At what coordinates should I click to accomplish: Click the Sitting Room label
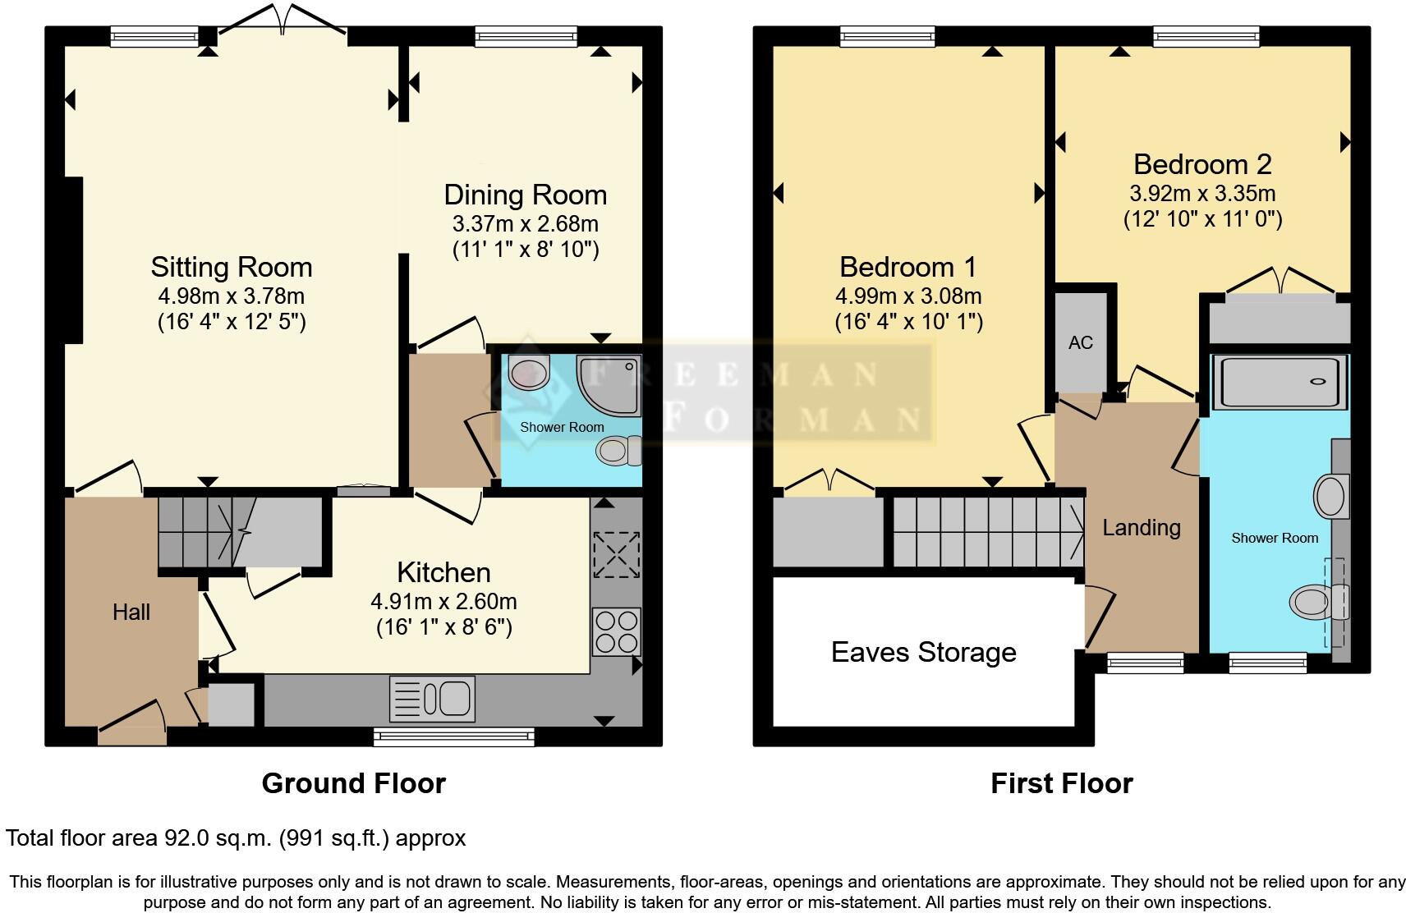coord(231,267)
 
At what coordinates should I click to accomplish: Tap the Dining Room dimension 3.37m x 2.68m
coord(525,223)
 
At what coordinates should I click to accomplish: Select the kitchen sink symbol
coord(432,698)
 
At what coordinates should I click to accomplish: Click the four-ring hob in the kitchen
coord(616,631)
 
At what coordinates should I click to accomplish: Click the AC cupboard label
coord(1081,342)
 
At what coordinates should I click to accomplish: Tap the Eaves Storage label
coord(923,652)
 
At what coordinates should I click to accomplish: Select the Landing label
coord(1141,527)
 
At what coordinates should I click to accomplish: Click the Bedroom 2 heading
coord(1202,164)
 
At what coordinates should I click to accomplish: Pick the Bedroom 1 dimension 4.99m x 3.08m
coord(908,296)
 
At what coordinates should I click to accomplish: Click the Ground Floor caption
coord(353,783)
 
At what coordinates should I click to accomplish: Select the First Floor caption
coord(1061,783)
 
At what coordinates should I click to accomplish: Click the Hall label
coord(131,612)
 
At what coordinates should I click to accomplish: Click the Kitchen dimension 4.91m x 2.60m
coord(443,601)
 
